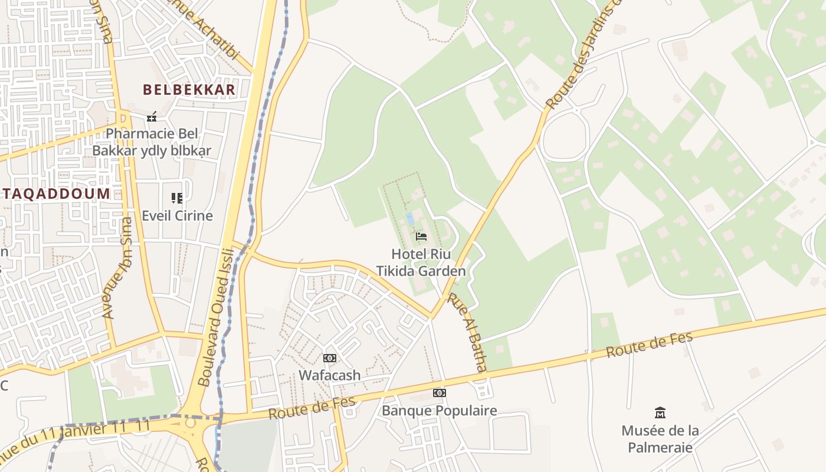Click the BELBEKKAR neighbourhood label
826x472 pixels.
pyautogui.click(x=189, y=90)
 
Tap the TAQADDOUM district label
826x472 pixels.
pyautogui.click(x=55, y=194)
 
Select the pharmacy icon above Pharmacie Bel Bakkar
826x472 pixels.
pyautogui.click(x=152, y=116)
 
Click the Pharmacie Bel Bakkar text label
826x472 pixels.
pyautogui.click(x=152, y=142)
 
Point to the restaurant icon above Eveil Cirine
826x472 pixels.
pyautogui.click(x=177, y=198)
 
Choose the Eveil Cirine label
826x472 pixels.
pyautogui.click(x=177, y=215)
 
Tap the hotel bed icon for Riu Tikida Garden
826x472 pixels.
pyautogui.click(x=421, y=237)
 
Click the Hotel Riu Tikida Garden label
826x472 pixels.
pyautogui.click(x=421, y=263)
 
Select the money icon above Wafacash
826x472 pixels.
pyautogui.click(x=330, y=358)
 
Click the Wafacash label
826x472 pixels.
pyautogui.click(x=329, y=375)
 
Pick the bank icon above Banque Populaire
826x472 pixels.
pyautogui.click(x=439, y=393)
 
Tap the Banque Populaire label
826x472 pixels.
pyautogui.click(x=439, y=411)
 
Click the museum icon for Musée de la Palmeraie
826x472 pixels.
pyautogui.click(x=660, y=412)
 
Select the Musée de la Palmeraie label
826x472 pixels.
pyautogui.click(x=660, y=439)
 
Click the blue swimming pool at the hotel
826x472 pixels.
pyautogui.click(x=409, y=219)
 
